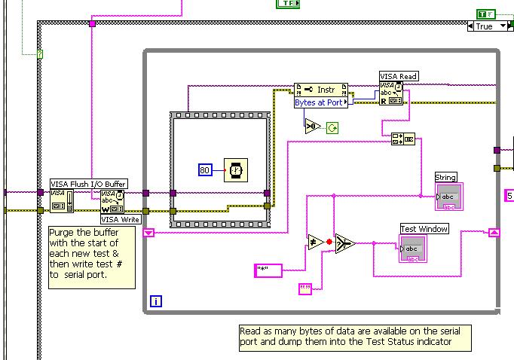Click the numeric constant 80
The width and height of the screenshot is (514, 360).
tap(205, 171)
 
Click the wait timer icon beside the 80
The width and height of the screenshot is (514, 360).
tap(234, 171)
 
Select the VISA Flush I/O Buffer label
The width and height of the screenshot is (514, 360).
tap(88, 183)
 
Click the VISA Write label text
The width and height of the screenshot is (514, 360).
tap(121, 219)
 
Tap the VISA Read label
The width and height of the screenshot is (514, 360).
tap(399, 76)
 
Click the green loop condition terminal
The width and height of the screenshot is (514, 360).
tap(332, 129)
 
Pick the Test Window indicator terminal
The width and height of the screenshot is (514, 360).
tap(413, 249)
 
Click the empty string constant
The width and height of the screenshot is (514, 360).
tap(305, 288)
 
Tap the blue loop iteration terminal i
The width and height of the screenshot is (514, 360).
tap(156, 301)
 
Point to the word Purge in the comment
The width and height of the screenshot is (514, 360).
tap(63, 232)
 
